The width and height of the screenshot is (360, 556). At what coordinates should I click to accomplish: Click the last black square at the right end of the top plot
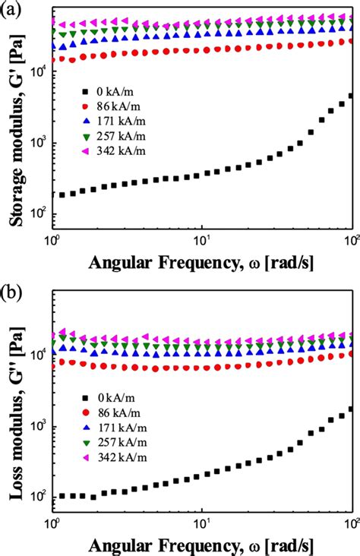(x=350, y=96)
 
